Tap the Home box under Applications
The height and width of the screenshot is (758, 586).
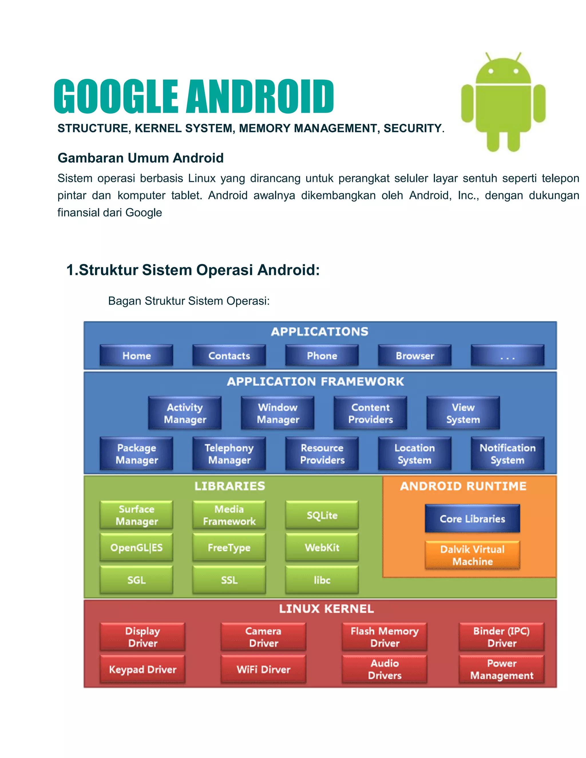point(136,355)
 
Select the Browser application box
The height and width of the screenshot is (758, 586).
point(415,355)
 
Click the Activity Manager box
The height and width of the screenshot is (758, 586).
point(185,413)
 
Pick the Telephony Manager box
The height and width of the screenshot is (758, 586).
point(229,454)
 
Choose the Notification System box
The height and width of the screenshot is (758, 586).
point(507,454)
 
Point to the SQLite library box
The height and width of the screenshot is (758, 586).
point(322,515)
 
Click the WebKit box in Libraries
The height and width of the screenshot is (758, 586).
point(322,547)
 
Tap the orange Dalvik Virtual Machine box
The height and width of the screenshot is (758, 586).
point(472,555)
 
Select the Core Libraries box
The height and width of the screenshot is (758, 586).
point(472,519)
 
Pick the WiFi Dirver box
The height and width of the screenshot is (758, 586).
point(264,669)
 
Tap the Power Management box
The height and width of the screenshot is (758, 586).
point(502,669)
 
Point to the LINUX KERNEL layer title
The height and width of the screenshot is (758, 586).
point(326,609)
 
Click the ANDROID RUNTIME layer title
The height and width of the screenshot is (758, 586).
point(463,486)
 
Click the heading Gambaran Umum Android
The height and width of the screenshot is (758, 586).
point(140,158)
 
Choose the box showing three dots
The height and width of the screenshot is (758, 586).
point(507,355)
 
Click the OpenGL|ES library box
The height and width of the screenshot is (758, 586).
point(136,547)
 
